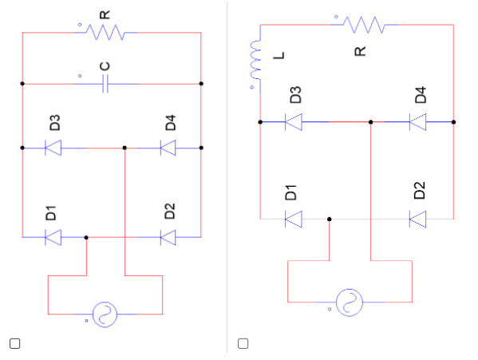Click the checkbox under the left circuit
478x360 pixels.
(14, 343)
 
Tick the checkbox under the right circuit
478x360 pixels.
(243, 343)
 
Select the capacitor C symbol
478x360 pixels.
(105, 83)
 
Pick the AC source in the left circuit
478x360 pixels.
(104, 314)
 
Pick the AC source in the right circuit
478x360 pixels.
(349, 302)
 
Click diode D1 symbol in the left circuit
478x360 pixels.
(53, 237)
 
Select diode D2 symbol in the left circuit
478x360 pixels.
(168, 237)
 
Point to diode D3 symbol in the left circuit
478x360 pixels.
(53, 148)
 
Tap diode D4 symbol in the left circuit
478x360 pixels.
(168, 148)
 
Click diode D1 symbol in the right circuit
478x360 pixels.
(294, 218)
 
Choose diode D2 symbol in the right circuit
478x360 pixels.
(417, 218)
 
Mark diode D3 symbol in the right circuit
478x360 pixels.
(294, 122)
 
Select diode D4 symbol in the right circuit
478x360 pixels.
(417, 122)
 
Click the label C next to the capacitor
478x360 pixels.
(105, 65)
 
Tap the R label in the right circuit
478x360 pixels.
(360, 50)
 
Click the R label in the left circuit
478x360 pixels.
(104, 10)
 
